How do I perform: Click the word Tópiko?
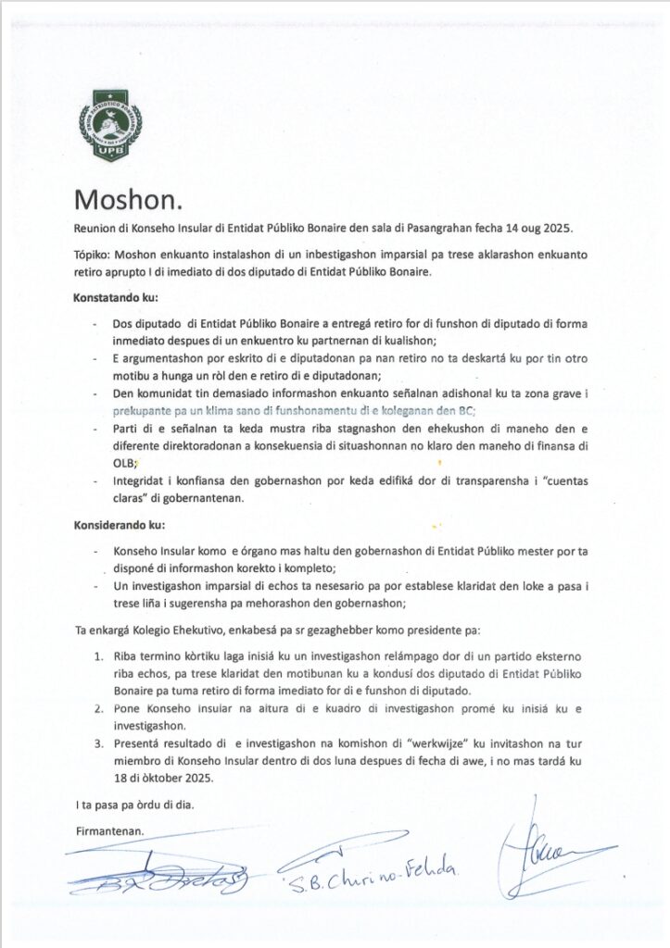(94, 253)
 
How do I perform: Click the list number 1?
(98, 656)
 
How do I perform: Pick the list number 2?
(98, 706)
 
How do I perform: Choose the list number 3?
(98, 742)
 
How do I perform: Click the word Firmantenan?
(109, 831)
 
